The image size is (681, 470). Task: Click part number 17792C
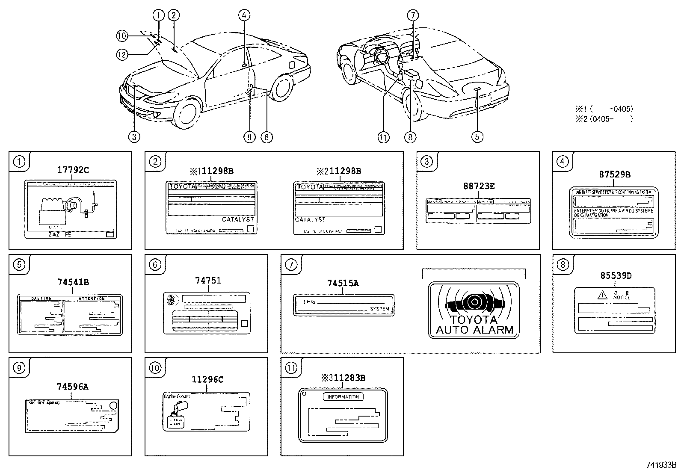(x=73, y=170)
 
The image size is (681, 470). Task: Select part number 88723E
(x=479, y=186)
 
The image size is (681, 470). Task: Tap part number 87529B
(x=614, y=174)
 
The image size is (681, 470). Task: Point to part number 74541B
(x=73, y=282)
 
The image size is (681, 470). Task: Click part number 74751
(x=208, y=281)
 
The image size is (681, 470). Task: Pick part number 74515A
(x=343, y=283)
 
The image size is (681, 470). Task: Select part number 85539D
(x=616, y=276)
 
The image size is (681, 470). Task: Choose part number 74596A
(x=72, y=387)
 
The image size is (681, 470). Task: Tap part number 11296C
(x=207, y=379)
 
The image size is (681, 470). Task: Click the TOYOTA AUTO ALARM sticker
(x=474, y=310)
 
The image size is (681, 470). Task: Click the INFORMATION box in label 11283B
(x=343, y=397)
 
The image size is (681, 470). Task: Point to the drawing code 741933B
(x=660, y=465)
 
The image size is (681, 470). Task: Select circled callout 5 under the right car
(x=477, y=137)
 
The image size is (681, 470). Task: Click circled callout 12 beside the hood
(x=122, y=54)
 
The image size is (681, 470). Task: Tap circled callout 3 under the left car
(x=134, y=137)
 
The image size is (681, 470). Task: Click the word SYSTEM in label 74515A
(x=379, y=309)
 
